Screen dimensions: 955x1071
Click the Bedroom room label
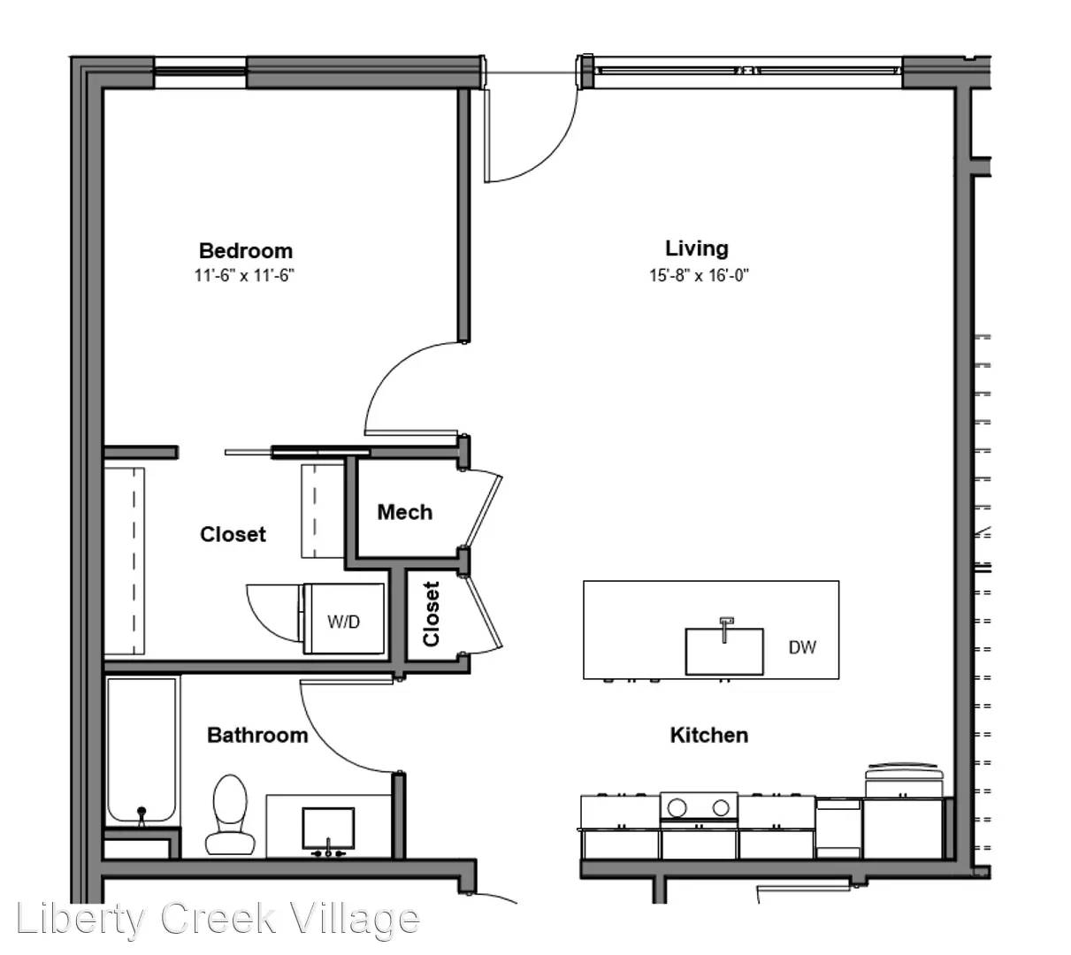245,250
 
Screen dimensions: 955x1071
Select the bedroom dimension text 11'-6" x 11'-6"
244,275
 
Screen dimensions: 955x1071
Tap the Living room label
697,248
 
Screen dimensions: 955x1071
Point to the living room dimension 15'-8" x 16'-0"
699,275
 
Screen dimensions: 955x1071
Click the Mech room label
404,512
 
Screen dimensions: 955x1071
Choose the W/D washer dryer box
344,620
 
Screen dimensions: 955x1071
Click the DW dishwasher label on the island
802,647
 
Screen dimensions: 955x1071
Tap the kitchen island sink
723,650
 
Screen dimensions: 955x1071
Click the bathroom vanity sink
328,829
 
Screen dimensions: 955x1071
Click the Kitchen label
708,735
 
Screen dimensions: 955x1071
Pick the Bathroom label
257,735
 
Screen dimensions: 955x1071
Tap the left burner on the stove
677,806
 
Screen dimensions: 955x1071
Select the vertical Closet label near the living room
432,613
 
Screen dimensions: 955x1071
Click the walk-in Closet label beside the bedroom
233,534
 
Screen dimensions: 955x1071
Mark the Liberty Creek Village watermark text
218,920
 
